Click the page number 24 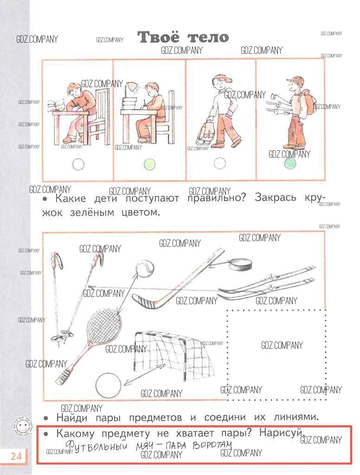click(x=16, y=456)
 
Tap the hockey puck click(x=241, y=265)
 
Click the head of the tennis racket click(x=104, y=324)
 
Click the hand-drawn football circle click(x=108, y=385)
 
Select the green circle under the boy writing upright click(x=149, y=164)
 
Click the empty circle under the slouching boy click(x=78, y=164)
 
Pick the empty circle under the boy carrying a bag click(x=220, y=164)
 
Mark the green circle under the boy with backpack click(x=290, y=163)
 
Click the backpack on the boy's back click(x=307, y=103)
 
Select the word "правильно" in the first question click(x=216, y=199)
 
